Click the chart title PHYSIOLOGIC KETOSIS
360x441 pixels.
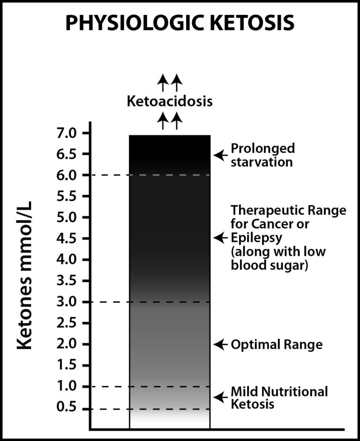tap(180, 22)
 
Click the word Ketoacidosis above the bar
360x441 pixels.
tap(170, 101)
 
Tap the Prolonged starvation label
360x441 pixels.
tap(262, 155)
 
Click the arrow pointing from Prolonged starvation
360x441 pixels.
tap(220, 154)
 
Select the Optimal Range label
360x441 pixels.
tap(277, 345)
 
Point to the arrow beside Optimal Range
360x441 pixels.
tap(220, 344)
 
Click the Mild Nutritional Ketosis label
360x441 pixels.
tap(278, 397)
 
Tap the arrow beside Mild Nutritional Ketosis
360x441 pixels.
tap(220, 396)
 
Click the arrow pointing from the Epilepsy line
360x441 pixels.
tap(220, 238)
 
